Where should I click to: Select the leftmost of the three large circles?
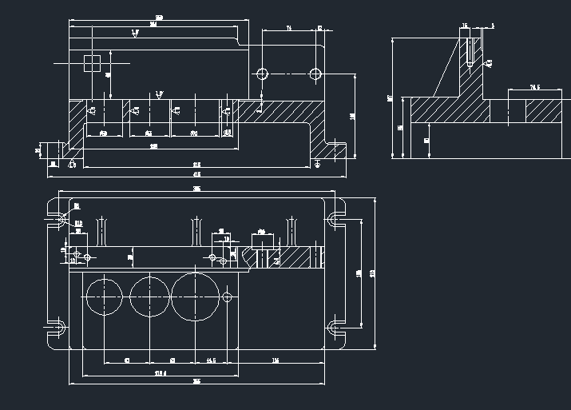click(105, 296)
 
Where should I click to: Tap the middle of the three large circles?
click(149, 296)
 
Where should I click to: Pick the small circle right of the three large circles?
click(228, 297)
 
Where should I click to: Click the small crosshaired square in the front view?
click(93, 62)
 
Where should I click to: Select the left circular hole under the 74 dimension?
click(261, 74)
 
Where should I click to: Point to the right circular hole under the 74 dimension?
click(315, 74)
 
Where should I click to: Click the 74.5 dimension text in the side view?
click(534, 87)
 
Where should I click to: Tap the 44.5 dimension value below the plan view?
click(211, 361)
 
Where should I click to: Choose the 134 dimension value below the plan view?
click(276, 361)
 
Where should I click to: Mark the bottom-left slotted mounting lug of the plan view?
click(57, 328)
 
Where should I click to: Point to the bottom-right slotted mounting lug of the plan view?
click(336, 328)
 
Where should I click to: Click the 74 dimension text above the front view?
click(288, 28)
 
